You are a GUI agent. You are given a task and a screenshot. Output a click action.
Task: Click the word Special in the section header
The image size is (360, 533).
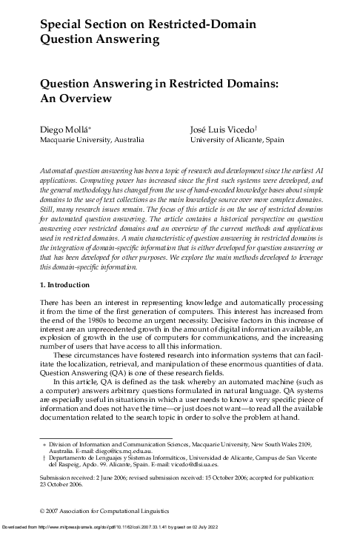(60, 28)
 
